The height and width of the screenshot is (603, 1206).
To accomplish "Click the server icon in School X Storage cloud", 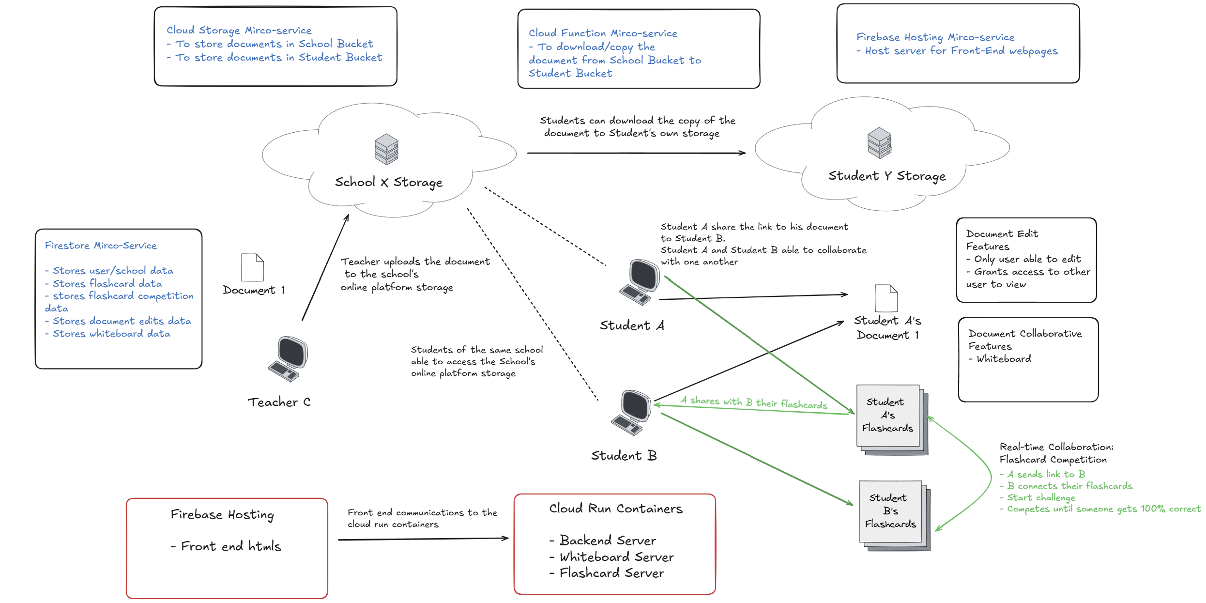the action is pyautogui.click(x=386, y=149).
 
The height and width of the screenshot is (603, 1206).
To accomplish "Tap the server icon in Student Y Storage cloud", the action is pyautogui.click(x=879, y=143).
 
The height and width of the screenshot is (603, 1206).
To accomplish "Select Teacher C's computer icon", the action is pyautogui.click(x=288, y=359).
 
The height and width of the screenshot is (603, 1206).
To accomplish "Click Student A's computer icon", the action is pyautogui.click(x=640, y=282).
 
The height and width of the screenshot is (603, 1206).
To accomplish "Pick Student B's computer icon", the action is pyautogui.click(x=631, y=413).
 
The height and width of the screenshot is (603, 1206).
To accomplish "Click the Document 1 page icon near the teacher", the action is pyautogui.click(x=252, y=267).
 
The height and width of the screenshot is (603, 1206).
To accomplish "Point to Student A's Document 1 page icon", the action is pyautogui.click(x=886, y=298).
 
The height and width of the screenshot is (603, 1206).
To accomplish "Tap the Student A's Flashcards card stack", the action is pyautogui.click(x=892, y=420).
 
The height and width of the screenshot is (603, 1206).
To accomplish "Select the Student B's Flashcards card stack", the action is pyautogui.click(x=895, y=516).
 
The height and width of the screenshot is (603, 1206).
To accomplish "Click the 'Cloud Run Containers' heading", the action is pyautogui.click(x=616, y=509).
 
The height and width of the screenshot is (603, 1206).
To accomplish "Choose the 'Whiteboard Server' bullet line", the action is pyautogui.click(x=611, y=557).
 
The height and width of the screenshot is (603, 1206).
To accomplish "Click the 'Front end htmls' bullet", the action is pyautogui.click(x=226, y=546).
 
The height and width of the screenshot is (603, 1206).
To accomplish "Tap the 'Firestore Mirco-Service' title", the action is pyautogui.click(x=101, y=246).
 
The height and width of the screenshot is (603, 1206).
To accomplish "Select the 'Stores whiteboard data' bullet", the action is pyautogui.click(x=107, y=334).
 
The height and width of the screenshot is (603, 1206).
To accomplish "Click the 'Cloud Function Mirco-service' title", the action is pyautogui.click(x=603, y=33).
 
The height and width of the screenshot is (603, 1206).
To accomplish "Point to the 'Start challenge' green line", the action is pyautogui.click(x=1038, y=497).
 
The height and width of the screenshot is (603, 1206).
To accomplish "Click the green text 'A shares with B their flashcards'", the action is pyautogui.click(x=754, y=402).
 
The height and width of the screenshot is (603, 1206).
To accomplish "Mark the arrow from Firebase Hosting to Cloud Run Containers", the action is pyautogui.click(x=423, y=539).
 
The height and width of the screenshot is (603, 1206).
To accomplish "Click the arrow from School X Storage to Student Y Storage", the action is pyautogui.click(x=636, y=153).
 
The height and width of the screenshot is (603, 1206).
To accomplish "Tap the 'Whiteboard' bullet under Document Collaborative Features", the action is pyautogui.click(x=1000, y=359).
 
